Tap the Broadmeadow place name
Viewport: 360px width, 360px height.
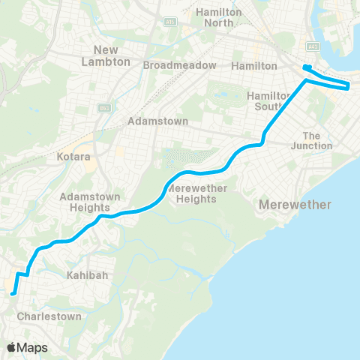178,65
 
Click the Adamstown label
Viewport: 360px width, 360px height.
155,120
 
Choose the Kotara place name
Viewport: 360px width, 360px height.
73,159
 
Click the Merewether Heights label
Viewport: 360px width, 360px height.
193,193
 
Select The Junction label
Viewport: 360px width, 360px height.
317,140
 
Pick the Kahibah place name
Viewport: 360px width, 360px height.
91,275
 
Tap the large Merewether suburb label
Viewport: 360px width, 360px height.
294,205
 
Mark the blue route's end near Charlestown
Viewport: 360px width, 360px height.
13,293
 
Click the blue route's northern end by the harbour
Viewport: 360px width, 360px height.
306,69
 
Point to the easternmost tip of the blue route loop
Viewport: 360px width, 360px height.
349,86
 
